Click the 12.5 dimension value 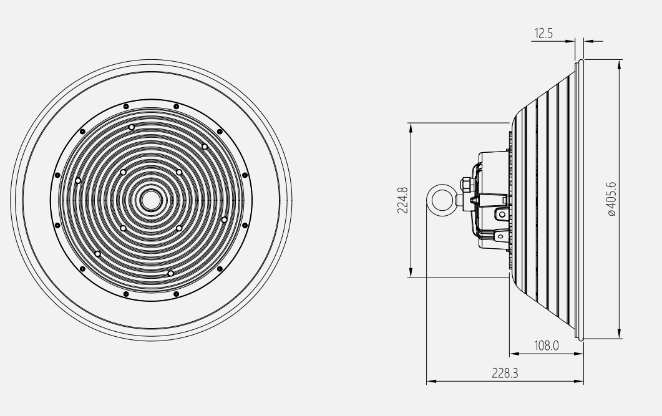[x=543, y=33]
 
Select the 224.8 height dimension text [x=403, y=200]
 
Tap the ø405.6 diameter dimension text [x=611, y=199]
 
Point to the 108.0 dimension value [x=547, y=346]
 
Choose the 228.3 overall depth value [x=505, y=373]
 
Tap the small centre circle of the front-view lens [x=151, y=200]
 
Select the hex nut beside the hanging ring [x=465, y=185]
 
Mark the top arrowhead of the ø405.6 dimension [x=620, y=65]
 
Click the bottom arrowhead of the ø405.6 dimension [x=620, y=333]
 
